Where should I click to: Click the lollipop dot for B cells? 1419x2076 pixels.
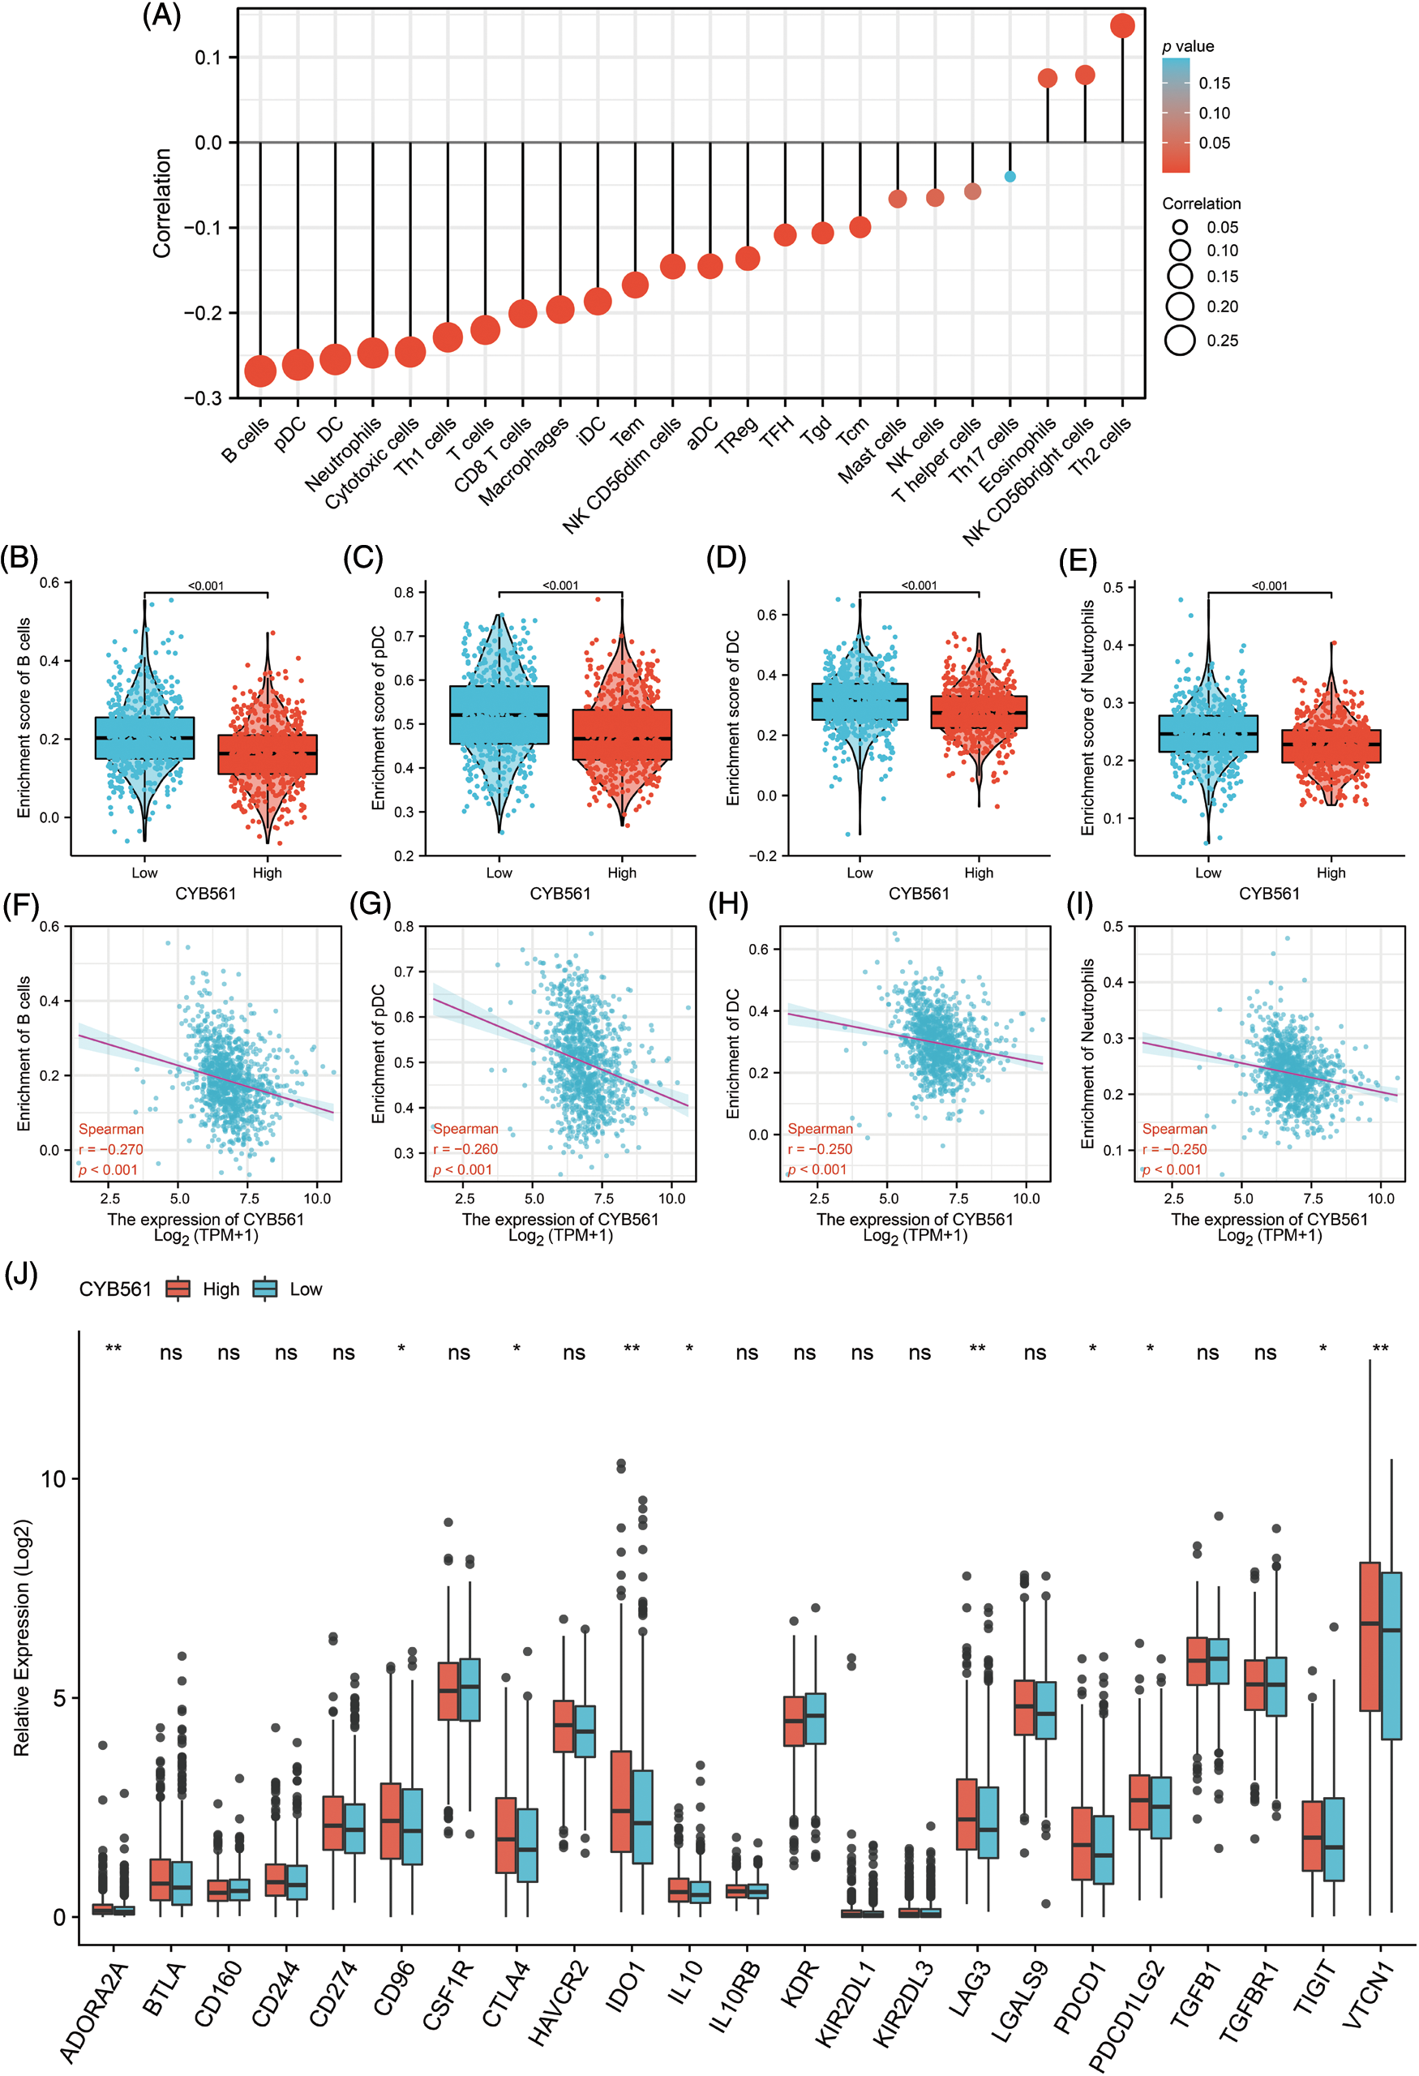pos(259,371)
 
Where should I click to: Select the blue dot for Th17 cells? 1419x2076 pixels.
pos(1010,176)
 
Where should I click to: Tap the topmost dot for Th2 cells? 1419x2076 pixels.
pos(1122,26)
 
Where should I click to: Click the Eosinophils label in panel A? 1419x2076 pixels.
pos(1018,455)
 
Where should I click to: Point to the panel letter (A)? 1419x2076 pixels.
pos(161,16)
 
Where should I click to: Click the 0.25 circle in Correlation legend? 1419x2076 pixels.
pos(1181,341)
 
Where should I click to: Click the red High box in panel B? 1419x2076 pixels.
pos(267,754)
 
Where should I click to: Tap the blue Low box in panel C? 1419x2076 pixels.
pos(499,714)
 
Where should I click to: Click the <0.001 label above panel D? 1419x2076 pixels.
pos(919,585)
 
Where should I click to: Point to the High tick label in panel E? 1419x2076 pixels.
pos(1331,873)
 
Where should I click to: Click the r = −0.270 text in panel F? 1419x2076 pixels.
pos(111,1150)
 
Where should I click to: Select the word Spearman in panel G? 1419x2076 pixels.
pos(466,1129)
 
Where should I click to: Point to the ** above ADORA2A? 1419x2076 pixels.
pos(114,1348)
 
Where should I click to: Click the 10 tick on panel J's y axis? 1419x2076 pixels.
pos(54,1478)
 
